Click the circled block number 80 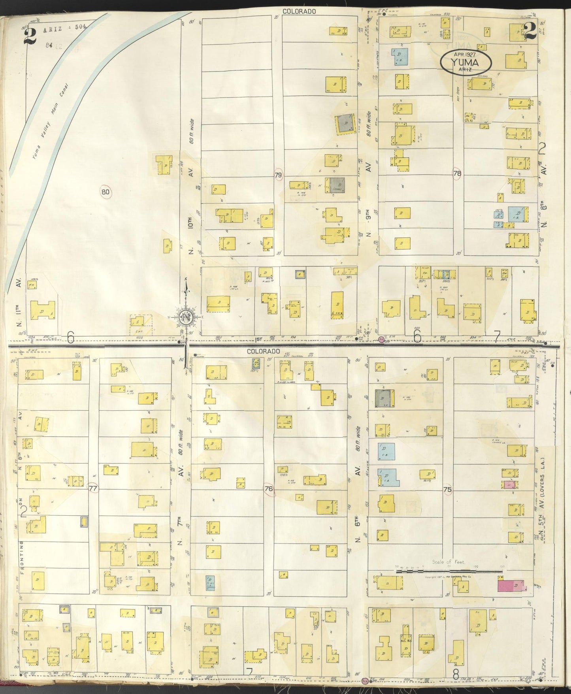coord(106,192)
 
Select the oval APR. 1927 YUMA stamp coord(467,62)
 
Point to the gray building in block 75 coord(382,398)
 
